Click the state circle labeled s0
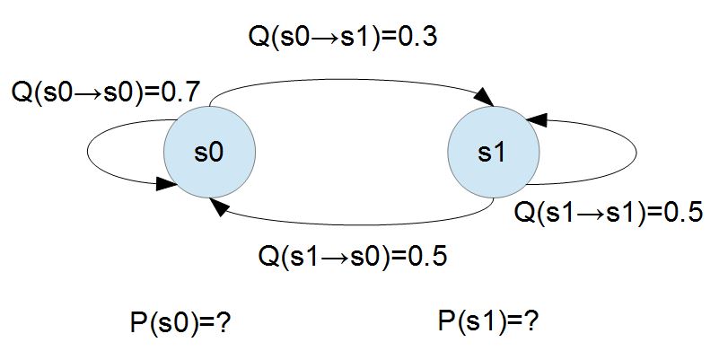pos(209,153)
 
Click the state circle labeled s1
pos(492,153)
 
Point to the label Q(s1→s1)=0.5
pos(607,213)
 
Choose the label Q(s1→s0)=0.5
pos(352,255)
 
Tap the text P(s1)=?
pos(488,320)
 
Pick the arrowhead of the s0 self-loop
pos(166,184)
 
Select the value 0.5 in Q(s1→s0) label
pos(426,255)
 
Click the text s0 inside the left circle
pos(209,153)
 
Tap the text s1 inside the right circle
pos(492,153)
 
